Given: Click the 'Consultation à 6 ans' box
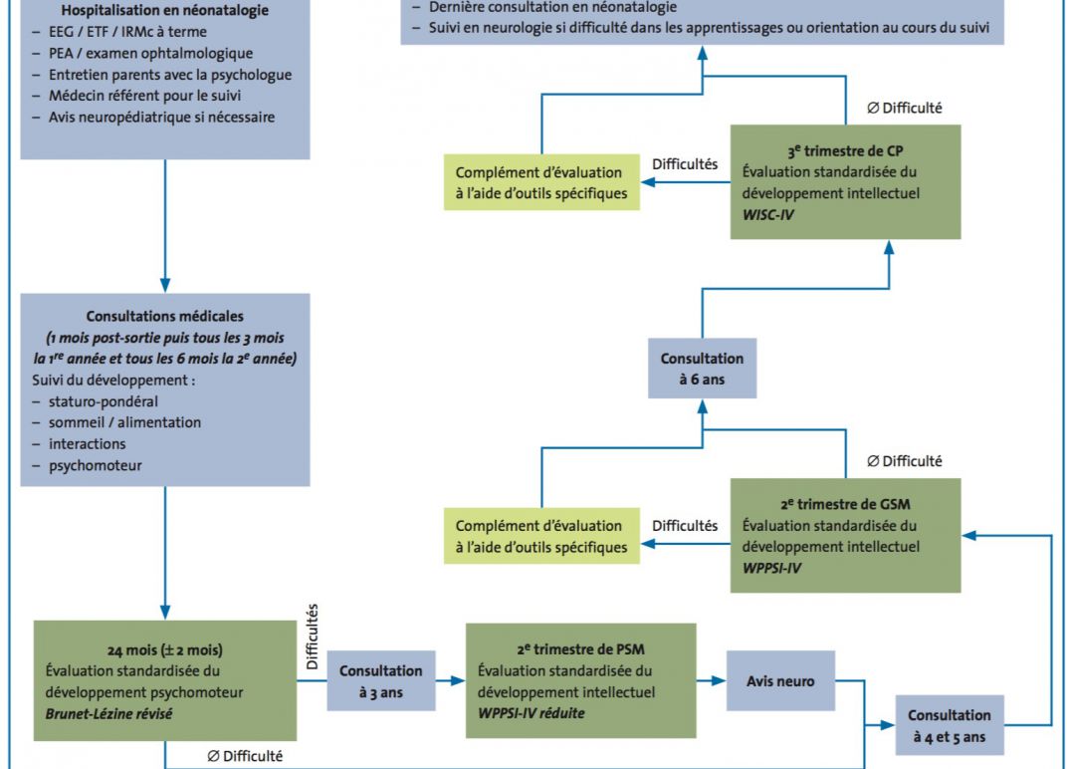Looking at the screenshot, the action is pos(702,369).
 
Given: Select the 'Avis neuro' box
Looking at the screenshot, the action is pos(780,680).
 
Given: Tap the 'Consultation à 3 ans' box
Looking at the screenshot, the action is pos(381,680).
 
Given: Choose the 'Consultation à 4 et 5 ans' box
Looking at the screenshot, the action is pos(950,725).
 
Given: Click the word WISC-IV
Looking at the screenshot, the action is pos(767,214).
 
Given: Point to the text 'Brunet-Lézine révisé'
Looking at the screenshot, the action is pos(108,714).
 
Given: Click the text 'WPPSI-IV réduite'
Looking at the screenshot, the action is pos(532,713).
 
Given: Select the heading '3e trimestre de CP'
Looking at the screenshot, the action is pos(845,150).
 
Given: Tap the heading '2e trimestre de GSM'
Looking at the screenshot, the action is pos(845,504).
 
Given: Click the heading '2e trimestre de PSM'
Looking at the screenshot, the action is pos(580,649).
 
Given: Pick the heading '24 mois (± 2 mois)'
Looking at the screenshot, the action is pos(164,650).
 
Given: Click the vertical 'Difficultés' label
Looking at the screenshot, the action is pos(313,637).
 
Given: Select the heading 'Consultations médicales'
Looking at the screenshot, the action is pos(164,316).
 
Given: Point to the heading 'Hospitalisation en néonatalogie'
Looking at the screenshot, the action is pos(164,10).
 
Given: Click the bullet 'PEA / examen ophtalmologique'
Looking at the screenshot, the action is pos(150,53).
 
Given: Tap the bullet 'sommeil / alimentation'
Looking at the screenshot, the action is pos(124,422).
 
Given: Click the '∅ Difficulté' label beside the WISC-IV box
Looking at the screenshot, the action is pos(905,108).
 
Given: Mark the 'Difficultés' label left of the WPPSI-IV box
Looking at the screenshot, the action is pos(685,526).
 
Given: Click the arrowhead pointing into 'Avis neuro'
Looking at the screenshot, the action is pos(719,680).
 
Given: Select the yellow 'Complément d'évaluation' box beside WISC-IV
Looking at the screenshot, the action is pos(541,182).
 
